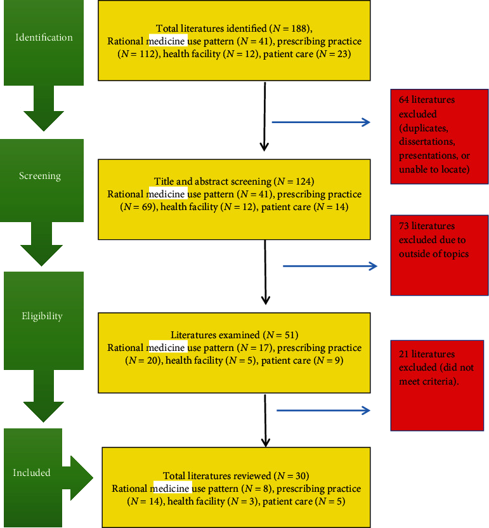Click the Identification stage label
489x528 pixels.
[x=44, y=37]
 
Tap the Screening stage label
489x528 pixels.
[x=40, y=176]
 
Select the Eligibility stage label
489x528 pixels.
[x=42, y=316]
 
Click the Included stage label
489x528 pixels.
[x=32, y=472]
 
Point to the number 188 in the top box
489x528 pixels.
[x=299, y=29]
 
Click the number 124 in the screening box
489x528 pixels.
[x=303, y=181]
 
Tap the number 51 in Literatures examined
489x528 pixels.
[x=290, y=334]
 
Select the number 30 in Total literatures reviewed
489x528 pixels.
[x=301, y=475]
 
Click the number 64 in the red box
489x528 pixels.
[x=404, y=100]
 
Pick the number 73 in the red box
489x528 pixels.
[x=404, y=226]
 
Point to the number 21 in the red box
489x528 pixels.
[x=404, y=354]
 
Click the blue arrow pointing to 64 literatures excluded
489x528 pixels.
[x=321, y=122]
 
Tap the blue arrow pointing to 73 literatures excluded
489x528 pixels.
[x=330, y=266]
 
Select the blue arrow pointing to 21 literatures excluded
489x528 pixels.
[x=323, y=411]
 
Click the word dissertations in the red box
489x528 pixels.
[x=427, y=142]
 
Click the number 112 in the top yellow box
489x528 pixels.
[x=147, y=54]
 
